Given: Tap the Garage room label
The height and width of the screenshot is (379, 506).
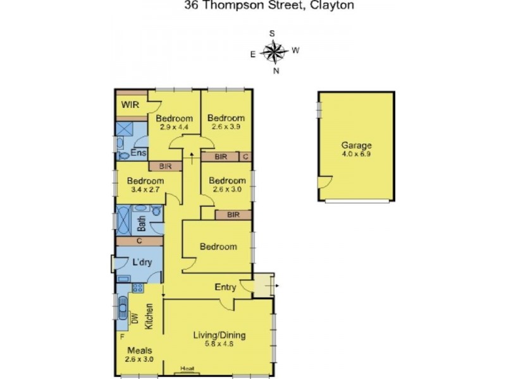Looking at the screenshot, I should [357, 145].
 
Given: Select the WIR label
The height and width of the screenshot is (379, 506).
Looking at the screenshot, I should [130, 105].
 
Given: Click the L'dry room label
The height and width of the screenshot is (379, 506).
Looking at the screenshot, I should [141, 262].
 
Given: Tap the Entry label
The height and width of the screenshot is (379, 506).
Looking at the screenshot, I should [225, 287].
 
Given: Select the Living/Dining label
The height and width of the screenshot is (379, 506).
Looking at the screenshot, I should [219, 335].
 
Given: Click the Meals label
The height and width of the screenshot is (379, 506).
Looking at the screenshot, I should [139, 351].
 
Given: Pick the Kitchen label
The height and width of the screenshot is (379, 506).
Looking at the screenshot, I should [150, 316].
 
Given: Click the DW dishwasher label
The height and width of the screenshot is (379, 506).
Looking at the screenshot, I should [135, 319].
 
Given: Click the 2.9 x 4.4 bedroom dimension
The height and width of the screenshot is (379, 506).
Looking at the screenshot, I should [174, 128].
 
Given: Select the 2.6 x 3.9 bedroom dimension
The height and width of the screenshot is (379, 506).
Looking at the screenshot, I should [226, 128].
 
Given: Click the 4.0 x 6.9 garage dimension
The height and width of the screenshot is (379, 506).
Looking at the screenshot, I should [357, 153].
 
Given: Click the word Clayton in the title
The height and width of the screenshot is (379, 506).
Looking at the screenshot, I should [331, 6].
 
